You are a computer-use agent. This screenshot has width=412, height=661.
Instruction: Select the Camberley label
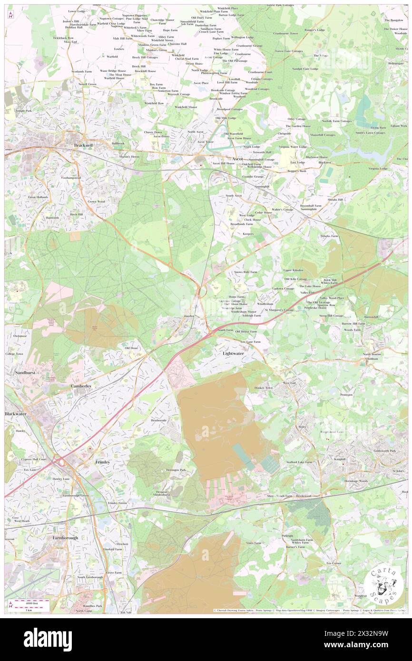[81, 386]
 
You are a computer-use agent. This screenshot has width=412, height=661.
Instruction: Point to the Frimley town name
[102, 462]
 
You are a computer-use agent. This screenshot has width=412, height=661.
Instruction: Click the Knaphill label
[340, 459]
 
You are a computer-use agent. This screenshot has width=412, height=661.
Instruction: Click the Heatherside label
[159, 420]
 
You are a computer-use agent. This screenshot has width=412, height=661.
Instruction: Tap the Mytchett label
[122, 544]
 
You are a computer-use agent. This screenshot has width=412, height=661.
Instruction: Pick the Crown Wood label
[96, 201]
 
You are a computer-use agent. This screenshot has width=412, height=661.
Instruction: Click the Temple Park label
[23, 110]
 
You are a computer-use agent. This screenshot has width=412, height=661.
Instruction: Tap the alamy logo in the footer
[48, 640]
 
